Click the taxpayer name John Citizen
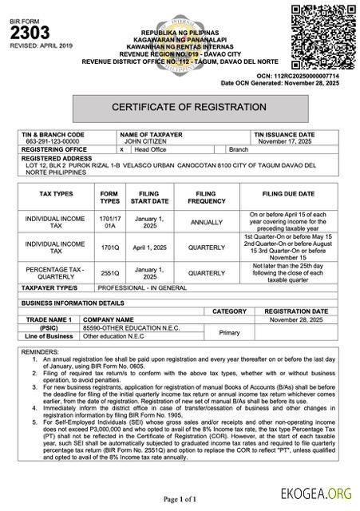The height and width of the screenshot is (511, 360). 142,141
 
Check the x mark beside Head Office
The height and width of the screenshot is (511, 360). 121,149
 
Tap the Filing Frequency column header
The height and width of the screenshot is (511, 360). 206,197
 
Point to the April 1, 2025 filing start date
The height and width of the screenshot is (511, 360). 149,248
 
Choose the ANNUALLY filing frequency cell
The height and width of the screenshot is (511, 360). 206,223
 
